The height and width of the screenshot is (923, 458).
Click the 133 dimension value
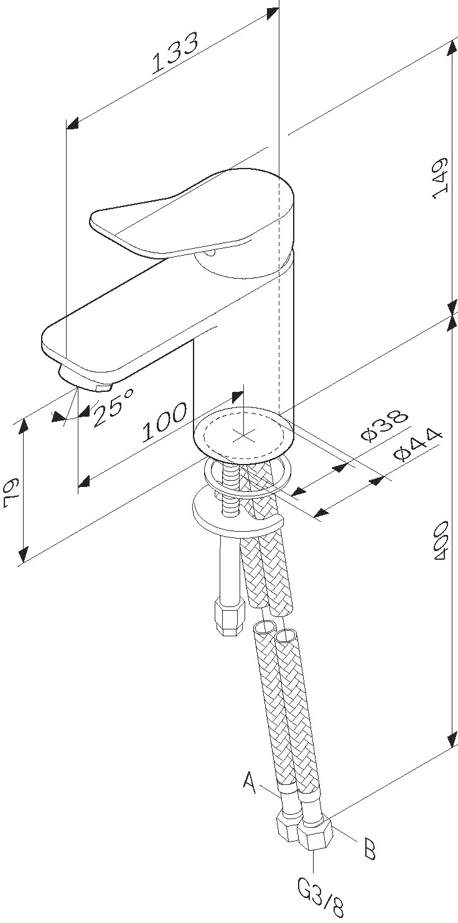176,53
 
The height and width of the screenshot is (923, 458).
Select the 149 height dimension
440,179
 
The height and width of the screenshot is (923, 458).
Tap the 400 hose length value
441,542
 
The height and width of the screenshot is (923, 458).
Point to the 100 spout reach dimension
164,422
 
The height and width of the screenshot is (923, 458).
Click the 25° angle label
113,407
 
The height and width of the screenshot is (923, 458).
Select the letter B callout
370,848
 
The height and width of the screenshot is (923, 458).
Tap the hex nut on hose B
315,835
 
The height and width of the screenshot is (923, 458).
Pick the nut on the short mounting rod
228,615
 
